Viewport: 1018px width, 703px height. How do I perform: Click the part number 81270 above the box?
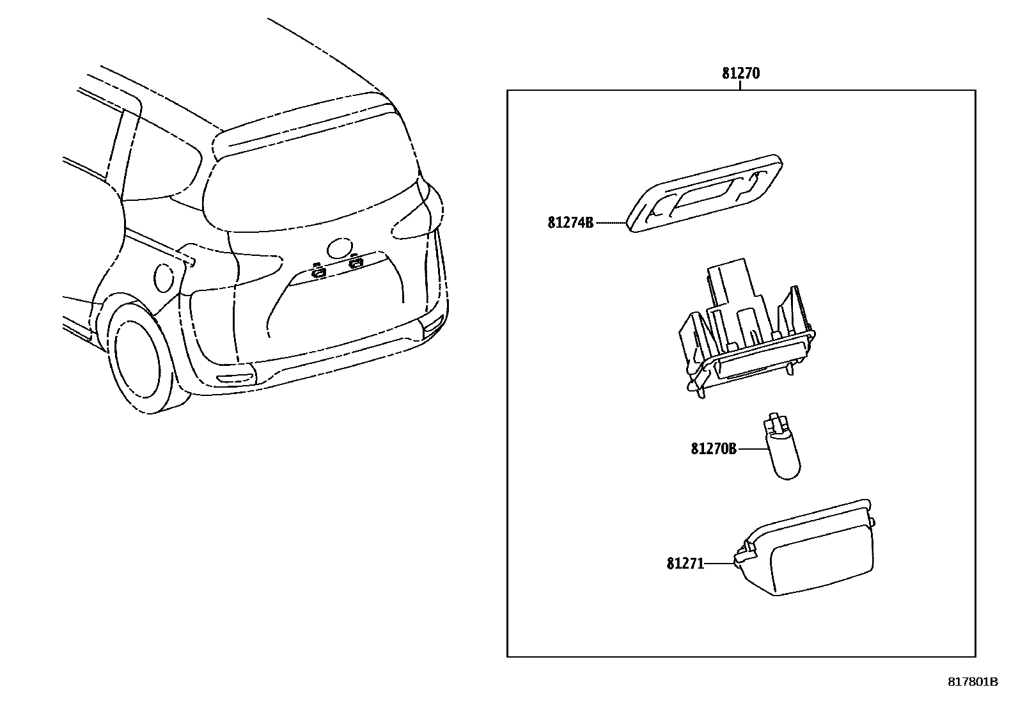click(x=740, y=73)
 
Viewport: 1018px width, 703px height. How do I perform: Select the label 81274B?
click(x=570, y=223)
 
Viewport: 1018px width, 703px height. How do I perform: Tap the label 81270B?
click(x=713, y=449)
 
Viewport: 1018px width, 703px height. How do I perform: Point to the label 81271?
click(x=685, y=564)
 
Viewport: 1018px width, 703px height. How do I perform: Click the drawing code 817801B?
click(x=972, y=682)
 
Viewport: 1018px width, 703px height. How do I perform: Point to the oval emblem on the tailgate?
click(x=339, y=248)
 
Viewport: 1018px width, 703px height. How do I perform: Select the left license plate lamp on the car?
click(x=318, y=272)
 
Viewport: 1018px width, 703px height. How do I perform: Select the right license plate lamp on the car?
click(x=356, y=262)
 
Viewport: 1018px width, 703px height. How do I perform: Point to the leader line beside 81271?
click(x=719, y=564)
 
